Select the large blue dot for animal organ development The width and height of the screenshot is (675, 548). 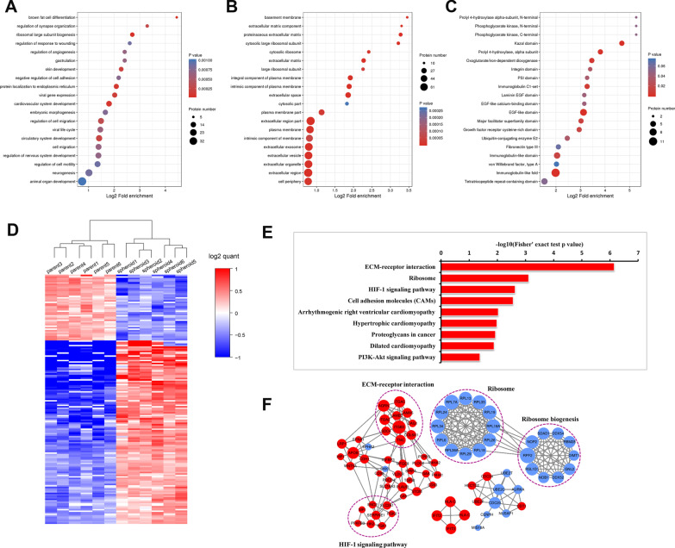coord(82,182)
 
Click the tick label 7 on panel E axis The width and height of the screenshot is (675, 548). coord(638,253)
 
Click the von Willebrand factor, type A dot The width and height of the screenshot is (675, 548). coord(557,164)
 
